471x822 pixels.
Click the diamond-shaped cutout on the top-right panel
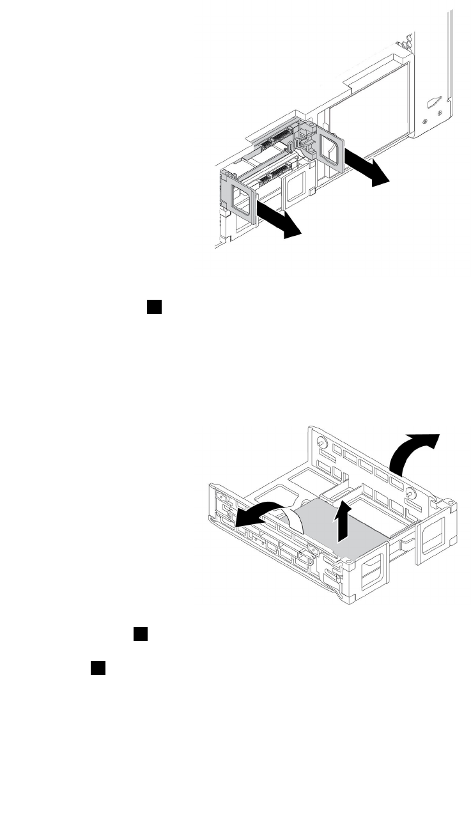pyautogui.click(x=434, y=102)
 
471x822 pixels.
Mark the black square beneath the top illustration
pyautogui.click(x=154, y=308)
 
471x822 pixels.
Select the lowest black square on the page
pyautogui.click(x=97, y=668)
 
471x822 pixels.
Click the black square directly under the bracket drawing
pyautogui.click(x=141, y=634)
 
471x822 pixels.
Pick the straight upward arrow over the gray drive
pyautogui.click(x=343, y=520)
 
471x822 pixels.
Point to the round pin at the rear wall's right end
pyautogui.click(x=410, y=493)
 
